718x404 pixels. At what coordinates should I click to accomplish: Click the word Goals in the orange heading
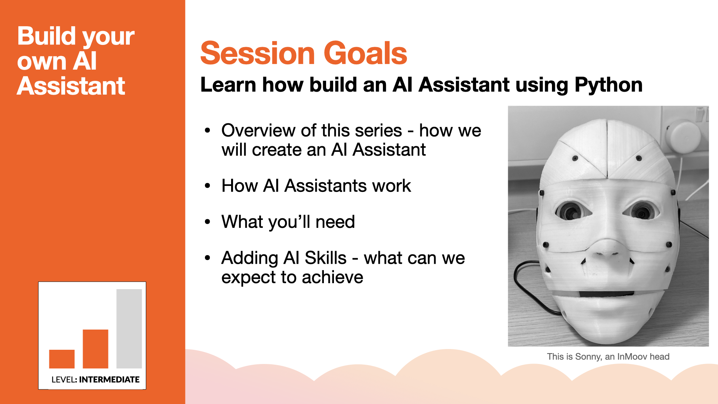click(365, 53)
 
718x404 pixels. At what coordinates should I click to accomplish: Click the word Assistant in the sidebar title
click(71, 86)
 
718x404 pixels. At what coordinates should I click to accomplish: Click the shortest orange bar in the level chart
click(62, 359)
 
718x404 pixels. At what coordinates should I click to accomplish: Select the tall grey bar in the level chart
click(129, 329)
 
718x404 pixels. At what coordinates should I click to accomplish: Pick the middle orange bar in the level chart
click(95, 349)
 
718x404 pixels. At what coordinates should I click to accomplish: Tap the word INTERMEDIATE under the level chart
click(109, 380)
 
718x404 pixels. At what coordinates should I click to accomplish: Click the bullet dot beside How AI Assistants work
click(208, 186)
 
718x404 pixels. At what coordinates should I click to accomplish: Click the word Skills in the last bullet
click(325, 258)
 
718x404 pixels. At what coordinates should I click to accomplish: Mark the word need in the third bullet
click(335, 222)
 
